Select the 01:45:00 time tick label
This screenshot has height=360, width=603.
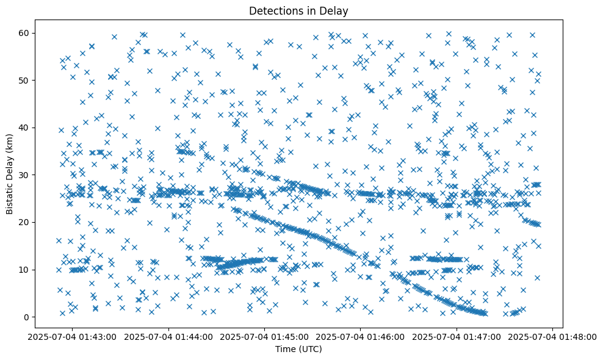click(265, 336)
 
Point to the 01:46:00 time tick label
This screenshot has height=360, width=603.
click(361, 336)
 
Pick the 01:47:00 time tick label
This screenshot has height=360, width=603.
click(457, 336)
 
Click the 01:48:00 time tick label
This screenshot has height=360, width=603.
click(552, 336)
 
